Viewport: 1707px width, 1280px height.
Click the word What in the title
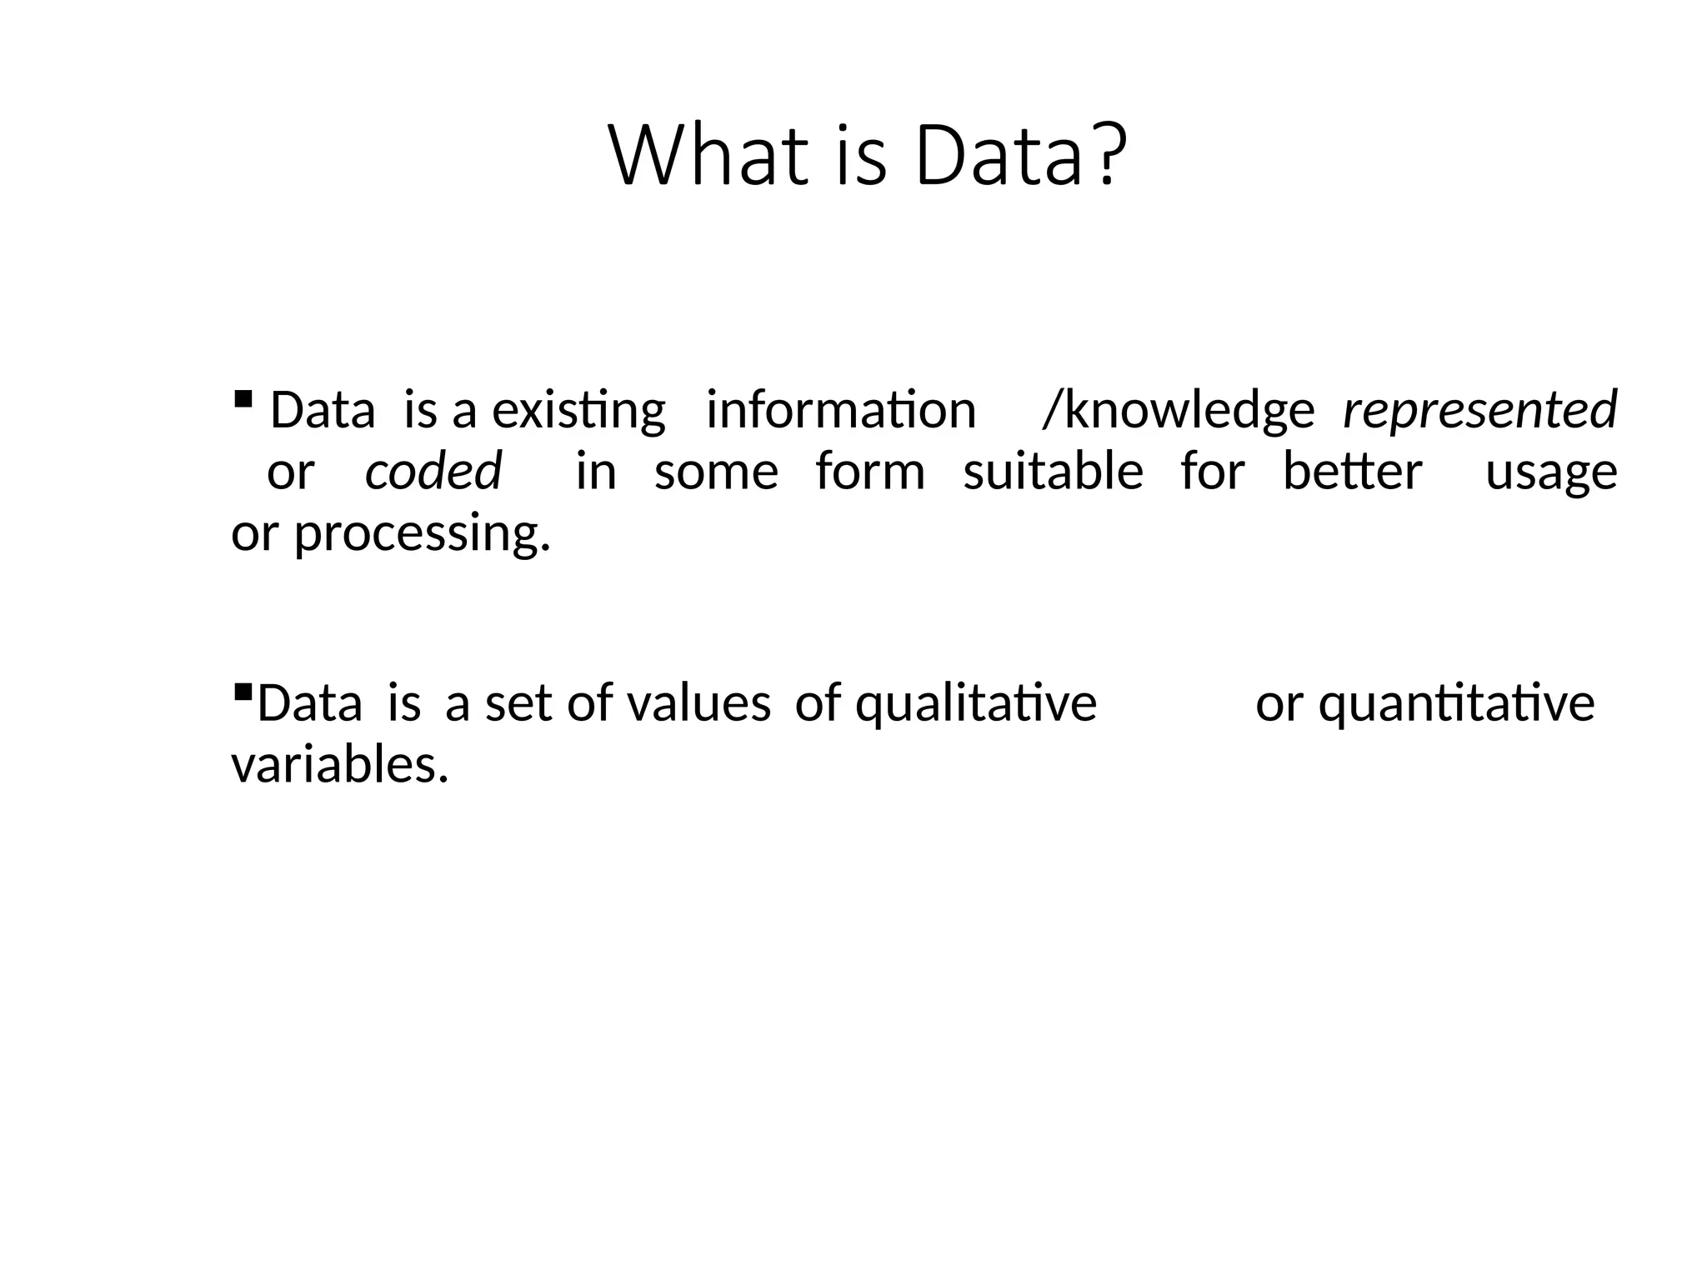[x=709, y=156]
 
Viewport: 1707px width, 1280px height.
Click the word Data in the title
[x=998, y=156]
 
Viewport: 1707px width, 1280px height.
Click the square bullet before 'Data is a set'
[x=243, y=691]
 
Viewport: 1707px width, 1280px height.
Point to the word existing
[x=578, y=411]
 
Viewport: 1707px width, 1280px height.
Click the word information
[x=840, y=410]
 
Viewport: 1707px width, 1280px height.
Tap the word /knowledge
[x=1179, y=411]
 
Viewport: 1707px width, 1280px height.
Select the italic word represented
[x=1479, y=410]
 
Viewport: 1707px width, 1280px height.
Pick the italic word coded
[x=433, y=471]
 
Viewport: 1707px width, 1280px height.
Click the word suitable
[x=1053, y=471]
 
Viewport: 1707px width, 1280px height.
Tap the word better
[x=1352, y=471]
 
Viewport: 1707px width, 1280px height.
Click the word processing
[x=422, y=535]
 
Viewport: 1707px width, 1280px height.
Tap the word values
[x=698, y=703]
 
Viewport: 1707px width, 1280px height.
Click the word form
[x=870, y=471]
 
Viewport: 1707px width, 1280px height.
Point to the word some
[x=716, y=472]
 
